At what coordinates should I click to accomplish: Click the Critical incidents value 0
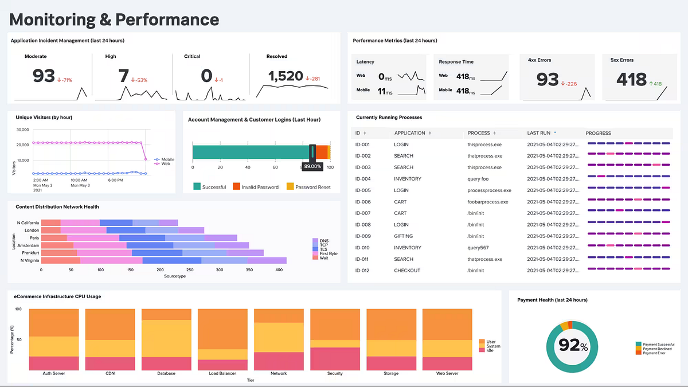coord(206,76)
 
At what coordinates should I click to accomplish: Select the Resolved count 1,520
coord(286,76)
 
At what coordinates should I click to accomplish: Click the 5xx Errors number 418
coord(631,79)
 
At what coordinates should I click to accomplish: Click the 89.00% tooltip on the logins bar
coord(312,166)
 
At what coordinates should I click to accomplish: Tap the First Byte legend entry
coord(329,253)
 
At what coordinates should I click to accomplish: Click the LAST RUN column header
coord(538,133)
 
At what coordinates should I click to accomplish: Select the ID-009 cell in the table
coord(362,236)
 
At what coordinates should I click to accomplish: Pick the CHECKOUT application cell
coord(407,271)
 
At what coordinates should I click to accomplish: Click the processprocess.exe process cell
coord(489,190)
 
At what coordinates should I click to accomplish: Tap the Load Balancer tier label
coord(222,373)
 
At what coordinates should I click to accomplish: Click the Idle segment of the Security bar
coord(335,359)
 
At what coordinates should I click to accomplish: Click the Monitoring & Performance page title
coord(114,19)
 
